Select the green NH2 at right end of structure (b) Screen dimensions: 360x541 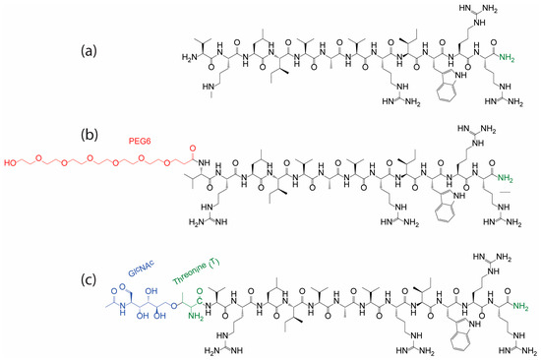(511, 175)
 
